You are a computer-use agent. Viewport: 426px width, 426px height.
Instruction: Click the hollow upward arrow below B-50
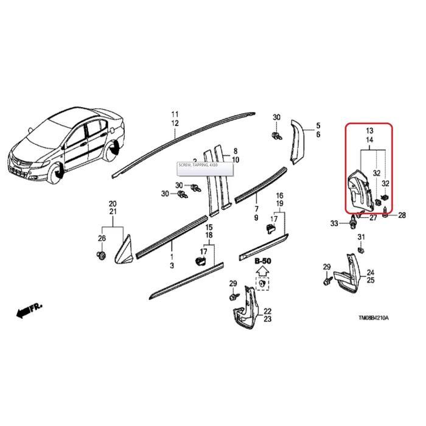[x=262, y=271]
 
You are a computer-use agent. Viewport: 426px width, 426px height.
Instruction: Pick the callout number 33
[x=333, y=224]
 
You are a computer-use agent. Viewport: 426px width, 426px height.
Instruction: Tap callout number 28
[x=401, y=215]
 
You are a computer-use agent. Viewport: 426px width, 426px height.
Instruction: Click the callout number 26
[x=102, y=238]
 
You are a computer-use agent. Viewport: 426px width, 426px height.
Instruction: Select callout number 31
[x=360, y=237]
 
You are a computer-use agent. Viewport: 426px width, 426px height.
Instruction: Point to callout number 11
[x=175, y=114]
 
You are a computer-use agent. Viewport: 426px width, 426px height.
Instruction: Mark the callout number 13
[x=369, y=131]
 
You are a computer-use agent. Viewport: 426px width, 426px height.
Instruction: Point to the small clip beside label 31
[x=361, y=248]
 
